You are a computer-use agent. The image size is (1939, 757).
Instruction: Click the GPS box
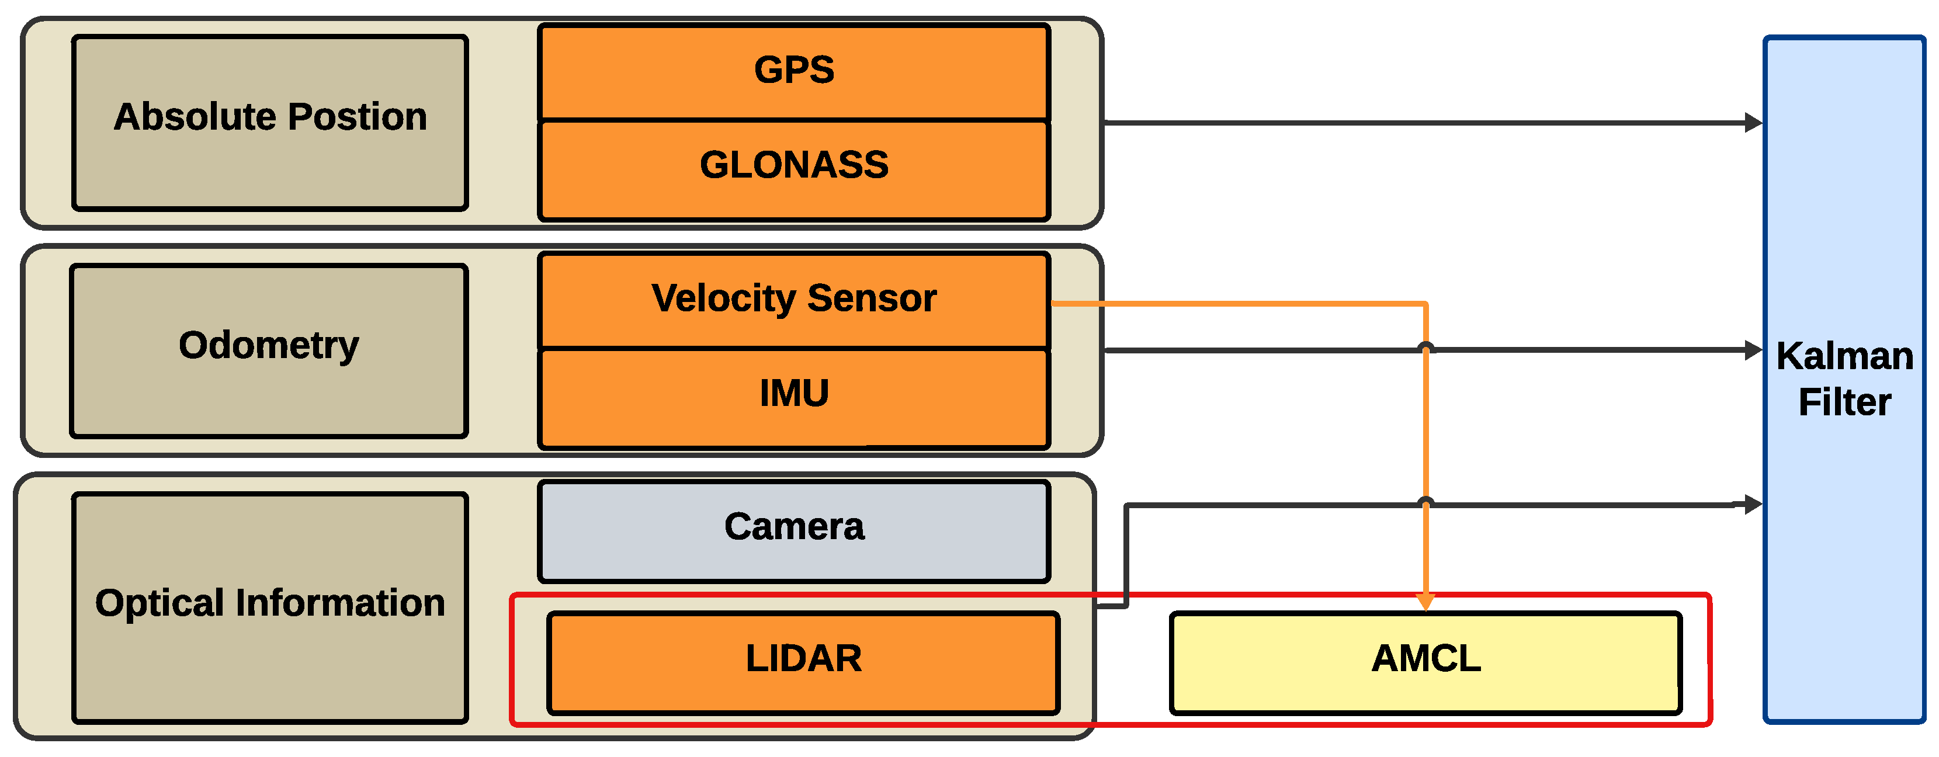click(x=793, y=71)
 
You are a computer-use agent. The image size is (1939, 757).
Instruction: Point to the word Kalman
click(x=1844, y=356)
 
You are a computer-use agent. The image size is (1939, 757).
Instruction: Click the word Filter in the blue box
click(x=1844, y=402)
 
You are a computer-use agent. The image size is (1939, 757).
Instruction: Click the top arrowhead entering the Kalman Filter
click(x=1753, y=123)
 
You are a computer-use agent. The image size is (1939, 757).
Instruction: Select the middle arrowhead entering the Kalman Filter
click(x=1753, y=350)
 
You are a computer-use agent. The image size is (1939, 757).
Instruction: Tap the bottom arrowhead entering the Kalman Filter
click(x=1753, y=504)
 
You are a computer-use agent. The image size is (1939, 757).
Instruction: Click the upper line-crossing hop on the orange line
click(x=1425, y=348)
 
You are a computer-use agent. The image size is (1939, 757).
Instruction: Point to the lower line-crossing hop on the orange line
click(x=1425, y=502)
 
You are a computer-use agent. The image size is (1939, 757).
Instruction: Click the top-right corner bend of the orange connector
click(x=1425, y=304)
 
